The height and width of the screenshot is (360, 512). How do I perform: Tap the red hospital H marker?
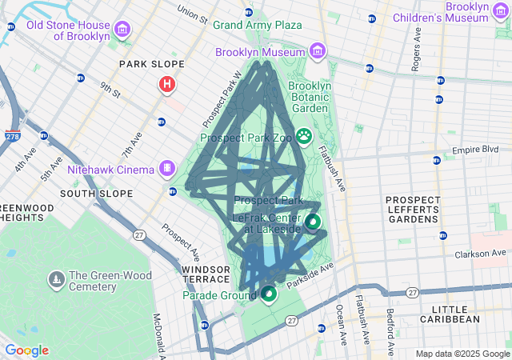pos(166,83)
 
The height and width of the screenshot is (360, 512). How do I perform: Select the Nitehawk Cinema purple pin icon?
pos(166,168)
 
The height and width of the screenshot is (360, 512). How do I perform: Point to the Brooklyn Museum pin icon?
pos(318,52)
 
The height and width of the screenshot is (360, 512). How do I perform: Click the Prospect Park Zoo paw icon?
pos(305,137)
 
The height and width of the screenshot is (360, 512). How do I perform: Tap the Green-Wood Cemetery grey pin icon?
pos(57,279)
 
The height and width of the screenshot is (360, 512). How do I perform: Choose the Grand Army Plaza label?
pos(258,25)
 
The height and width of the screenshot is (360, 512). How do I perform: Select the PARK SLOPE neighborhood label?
pos(151,64)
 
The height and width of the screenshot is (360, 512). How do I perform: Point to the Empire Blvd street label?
pos(475,150)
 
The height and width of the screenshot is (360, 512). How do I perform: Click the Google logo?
pos(26,350)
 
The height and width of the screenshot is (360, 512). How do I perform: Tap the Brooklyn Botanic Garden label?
pos(309,97)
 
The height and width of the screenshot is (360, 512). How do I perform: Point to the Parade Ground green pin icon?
pos(269,294)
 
